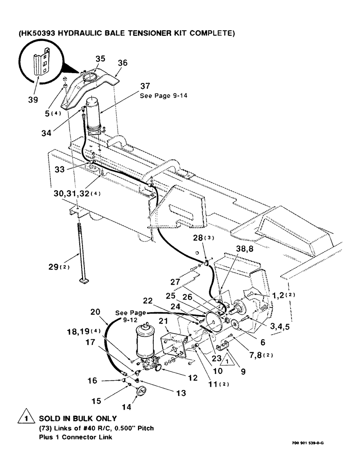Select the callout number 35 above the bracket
[x=100, y=59]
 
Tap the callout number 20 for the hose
[x=95, y=313]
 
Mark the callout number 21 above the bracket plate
[x=163, y=321]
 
